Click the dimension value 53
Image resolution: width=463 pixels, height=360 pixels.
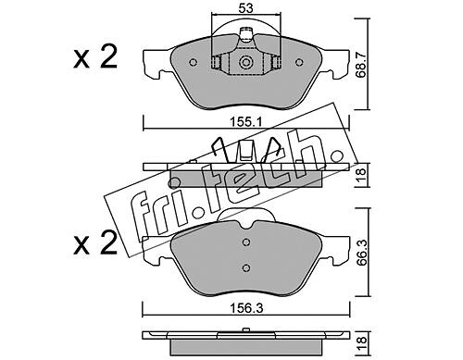[x=245, y=8]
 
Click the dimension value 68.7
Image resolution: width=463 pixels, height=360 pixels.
[x=362, y=65]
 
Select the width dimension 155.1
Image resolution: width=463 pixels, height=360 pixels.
[x=245, y=122]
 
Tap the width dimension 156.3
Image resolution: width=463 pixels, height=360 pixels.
[x=246, y=308]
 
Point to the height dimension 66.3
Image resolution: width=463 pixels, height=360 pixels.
[x=362, y=253]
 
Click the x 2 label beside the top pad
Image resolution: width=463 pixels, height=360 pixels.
[x=95, y=56]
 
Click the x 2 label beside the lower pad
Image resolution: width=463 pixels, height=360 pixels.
[x=95, y=243]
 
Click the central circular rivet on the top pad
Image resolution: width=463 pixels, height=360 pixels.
[x=246, y=62]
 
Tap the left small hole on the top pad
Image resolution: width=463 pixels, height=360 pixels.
[x=194, y=62]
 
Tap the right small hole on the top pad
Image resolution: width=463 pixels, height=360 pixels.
[x=299, y=62]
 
